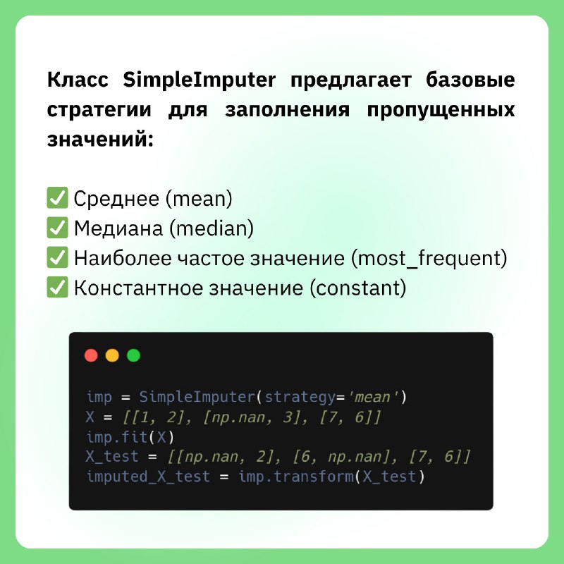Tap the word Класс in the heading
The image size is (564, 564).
click(78, 80)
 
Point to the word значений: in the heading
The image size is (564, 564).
click(100, 139)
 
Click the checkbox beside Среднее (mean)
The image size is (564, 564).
click(57, 197)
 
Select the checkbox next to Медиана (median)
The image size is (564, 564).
click(57, 227)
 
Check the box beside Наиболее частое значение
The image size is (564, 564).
click(57, 257)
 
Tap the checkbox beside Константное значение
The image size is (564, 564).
click(57, 287)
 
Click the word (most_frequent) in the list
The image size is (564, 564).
click(429, 259)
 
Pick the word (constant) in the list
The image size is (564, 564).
click(358, 288)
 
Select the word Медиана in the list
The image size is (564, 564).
click(118, 228)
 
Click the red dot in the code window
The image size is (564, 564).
click(91, 355)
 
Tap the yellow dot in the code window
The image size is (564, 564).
click(112, 355)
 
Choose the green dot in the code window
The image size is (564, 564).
click(133, 355)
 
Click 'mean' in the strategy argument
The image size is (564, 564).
click(376, 397)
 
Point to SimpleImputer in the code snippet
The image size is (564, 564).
click(197, 397)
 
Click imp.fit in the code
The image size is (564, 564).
click(117, 437)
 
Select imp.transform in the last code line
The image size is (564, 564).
click(296, 477)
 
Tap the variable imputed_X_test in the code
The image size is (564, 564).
click(148, 477)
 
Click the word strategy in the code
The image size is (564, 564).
click(300, 398)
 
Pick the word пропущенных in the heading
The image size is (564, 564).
click(441, 111)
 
